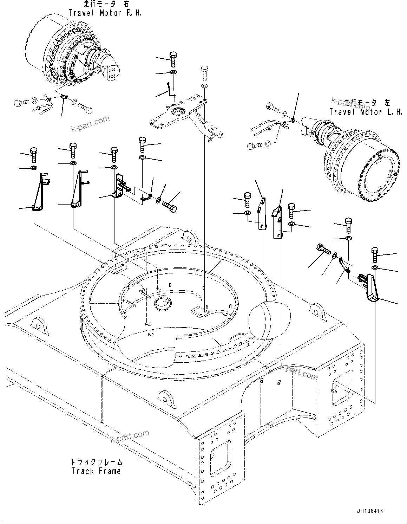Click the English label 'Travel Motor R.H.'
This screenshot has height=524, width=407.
point(105,13)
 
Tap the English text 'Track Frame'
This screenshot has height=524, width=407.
point(96,471)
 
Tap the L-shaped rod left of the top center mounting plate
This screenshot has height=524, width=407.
point(170,90)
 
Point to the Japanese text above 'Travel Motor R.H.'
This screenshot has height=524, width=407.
point(105,5)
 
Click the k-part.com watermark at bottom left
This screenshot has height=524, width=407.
point(130,437)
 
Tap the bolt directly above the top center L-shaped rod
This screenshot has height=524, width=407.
point(173,59)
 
